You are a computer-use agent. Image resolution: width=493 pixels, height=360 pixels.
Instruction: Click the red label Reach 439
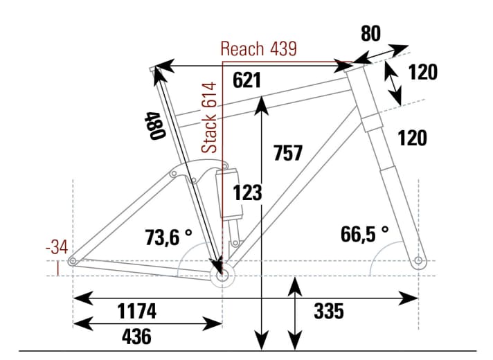click(258, 48)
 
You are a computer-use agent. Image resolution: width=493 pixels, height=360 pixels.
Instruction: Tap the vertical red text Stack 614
click(210, 117)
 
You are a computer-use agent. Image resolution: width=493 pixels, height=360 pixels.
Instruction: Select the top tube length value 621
click(247, 81)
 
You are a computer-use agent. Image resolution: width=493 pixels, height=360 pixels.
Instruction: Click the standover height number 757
click(287, 152)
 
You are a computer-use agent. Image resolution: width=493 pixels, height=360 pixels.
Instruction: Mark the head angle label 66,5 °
click(365, 233)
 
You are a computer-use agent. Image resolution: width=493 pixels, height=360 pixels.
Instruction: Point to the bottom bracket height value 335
click(328, 312)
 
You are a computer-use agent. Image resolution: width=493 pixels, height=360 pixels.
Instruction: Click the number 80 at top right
click(371, 34)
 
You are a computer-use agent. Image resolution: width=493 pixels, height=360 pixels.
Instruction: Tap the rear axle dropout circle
click(73, 261)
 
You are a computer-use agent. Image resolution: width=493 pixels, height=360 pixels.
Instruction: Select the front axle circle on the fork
click(418, 261)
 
